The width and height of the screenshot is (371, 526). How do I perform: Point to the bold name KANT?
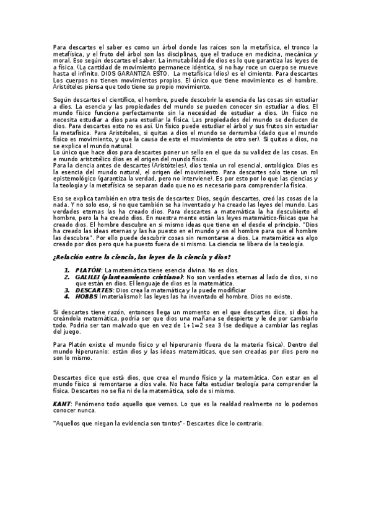pyautogui.click(x=62, y=403)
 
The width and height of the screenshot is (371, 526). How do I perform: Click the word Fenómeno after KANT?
pyautogui.click(x=90, y=403)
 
